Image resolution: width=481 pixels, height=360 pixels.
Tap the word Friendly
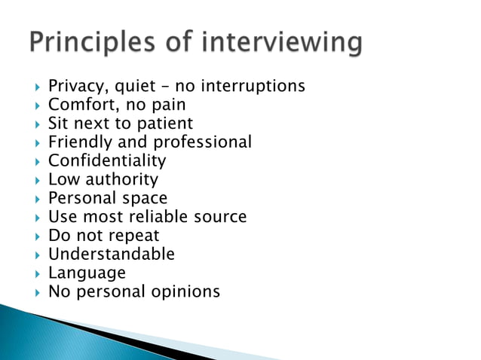coord(80,142)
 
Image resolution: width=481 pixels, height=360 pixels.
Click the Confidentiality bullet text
coord(107,160)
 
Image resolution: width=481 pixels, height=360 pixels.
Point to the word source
coord(221,217)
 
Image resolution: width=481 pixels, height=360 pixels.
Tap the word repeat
coord(133,236)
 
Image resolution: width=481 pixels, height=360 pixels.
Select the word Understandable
coord(112,254)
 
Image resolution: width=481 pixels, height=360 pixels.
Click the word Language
coord(87,273)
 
